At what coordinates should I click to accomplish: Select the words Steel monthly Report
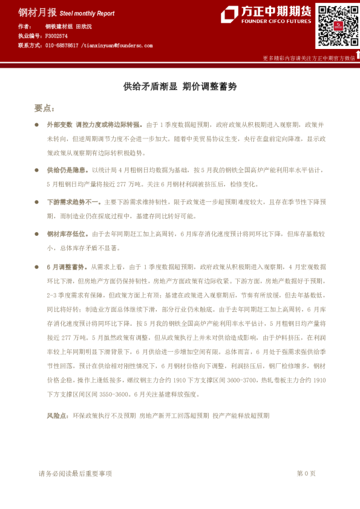click(88, 13)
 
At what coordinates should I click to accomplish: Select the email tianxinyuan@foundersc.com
click(118, 45)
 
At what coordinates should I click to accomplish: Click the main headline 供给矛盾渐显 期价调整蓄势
click(180, 86)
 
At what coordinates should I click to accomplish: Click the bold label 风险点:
click(57, 416)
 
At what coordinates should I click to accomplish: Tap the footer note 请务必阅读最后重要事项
click(75, 473)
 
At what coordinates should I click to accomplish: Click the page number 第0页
click(306, 473)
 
